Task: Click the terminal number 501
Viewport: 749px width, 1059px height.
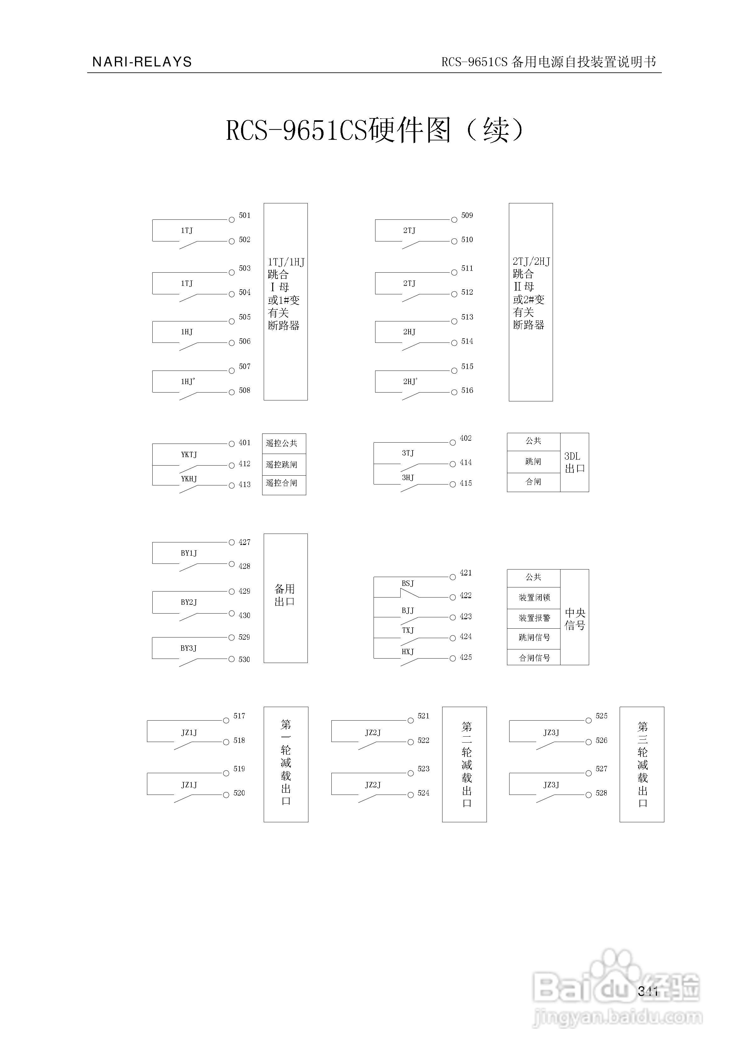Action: point(245,215)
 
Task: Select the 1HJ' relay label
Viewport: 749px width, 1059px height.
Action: point(188,382)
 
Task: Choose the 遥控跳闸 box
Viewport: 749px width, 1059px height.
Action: point(284,464)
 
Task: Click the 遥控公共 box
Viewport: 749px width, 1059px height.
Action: point(284,443)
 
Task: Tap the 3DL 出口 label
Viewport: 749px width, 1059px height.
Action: point(574,462)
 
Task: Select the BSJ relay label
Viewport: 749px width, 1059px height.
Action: point(408,583)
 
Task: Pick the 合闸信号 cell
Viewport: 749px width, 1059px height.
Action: point(534,658)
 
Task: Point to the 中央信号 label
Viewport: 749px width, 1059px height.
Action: point(575,619)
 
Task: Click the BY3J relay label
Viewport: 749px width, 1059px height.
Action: point(188,648)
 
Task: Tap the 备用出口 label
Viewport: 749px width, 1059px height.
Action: point(284,595)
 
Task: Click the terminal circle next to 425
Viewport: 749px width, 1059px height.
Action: point(453,658)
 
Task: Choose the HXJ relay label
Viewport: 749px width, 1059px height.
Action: point(408,652)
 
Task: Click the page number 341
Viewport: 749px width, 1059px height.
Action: point(648,991)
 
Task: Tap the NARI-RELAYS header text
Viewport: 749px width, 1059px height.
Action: point(142,62)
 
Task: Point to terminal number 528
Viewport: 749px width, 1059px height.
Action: point(601,793)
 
